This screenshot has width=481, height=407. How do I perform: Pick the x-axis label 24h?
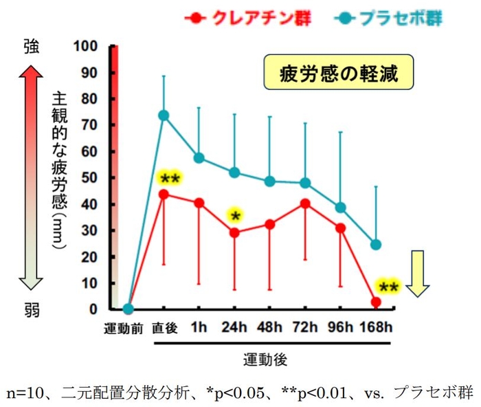click(x=234, y=328)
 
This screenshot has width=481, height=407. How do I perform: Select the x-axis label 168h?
click(x=377, y=328)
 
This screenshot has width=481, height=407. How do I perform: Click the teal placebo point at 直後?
click(x=164, y=115)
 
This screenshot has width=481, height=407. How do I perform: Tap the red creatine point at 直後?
click(x=164, y=194)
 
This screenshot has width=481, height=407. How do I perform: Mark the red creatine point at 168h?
click(x=376, y=302)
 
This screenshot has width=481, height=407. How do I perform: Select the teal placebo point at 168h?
click(x=376, y=245)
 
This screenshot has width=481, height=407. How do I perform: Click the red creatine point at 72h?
click(x=305, y=203)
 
